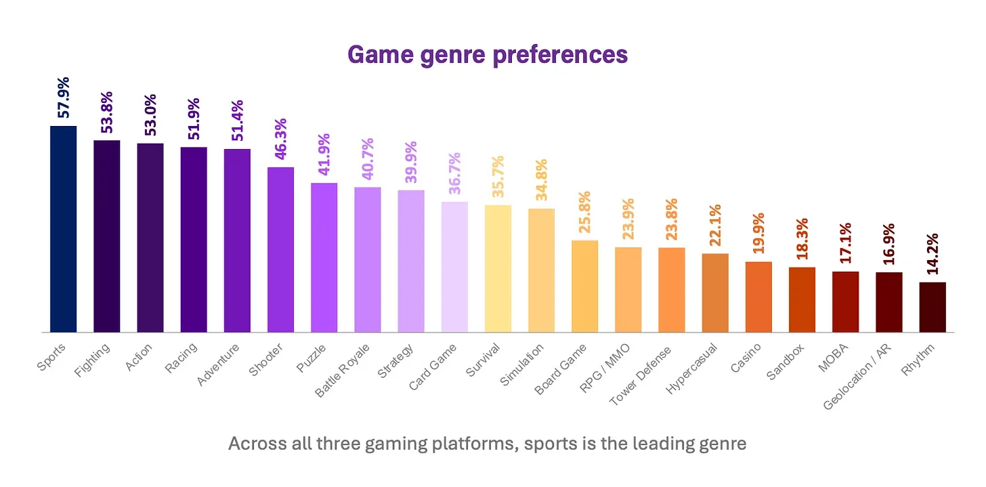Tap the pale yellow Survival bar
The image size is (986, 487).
tap(498, 268)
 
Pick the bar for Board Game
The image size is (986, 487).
tap(584, 286)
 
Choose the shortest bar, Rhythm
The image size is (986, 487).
tap(933, 307)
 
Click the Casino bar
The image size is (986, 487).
tap(758, 297)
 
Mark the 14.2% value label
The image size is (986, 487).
tap(933, 253)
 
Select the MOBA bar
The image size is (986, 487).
tap(845, 301)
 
